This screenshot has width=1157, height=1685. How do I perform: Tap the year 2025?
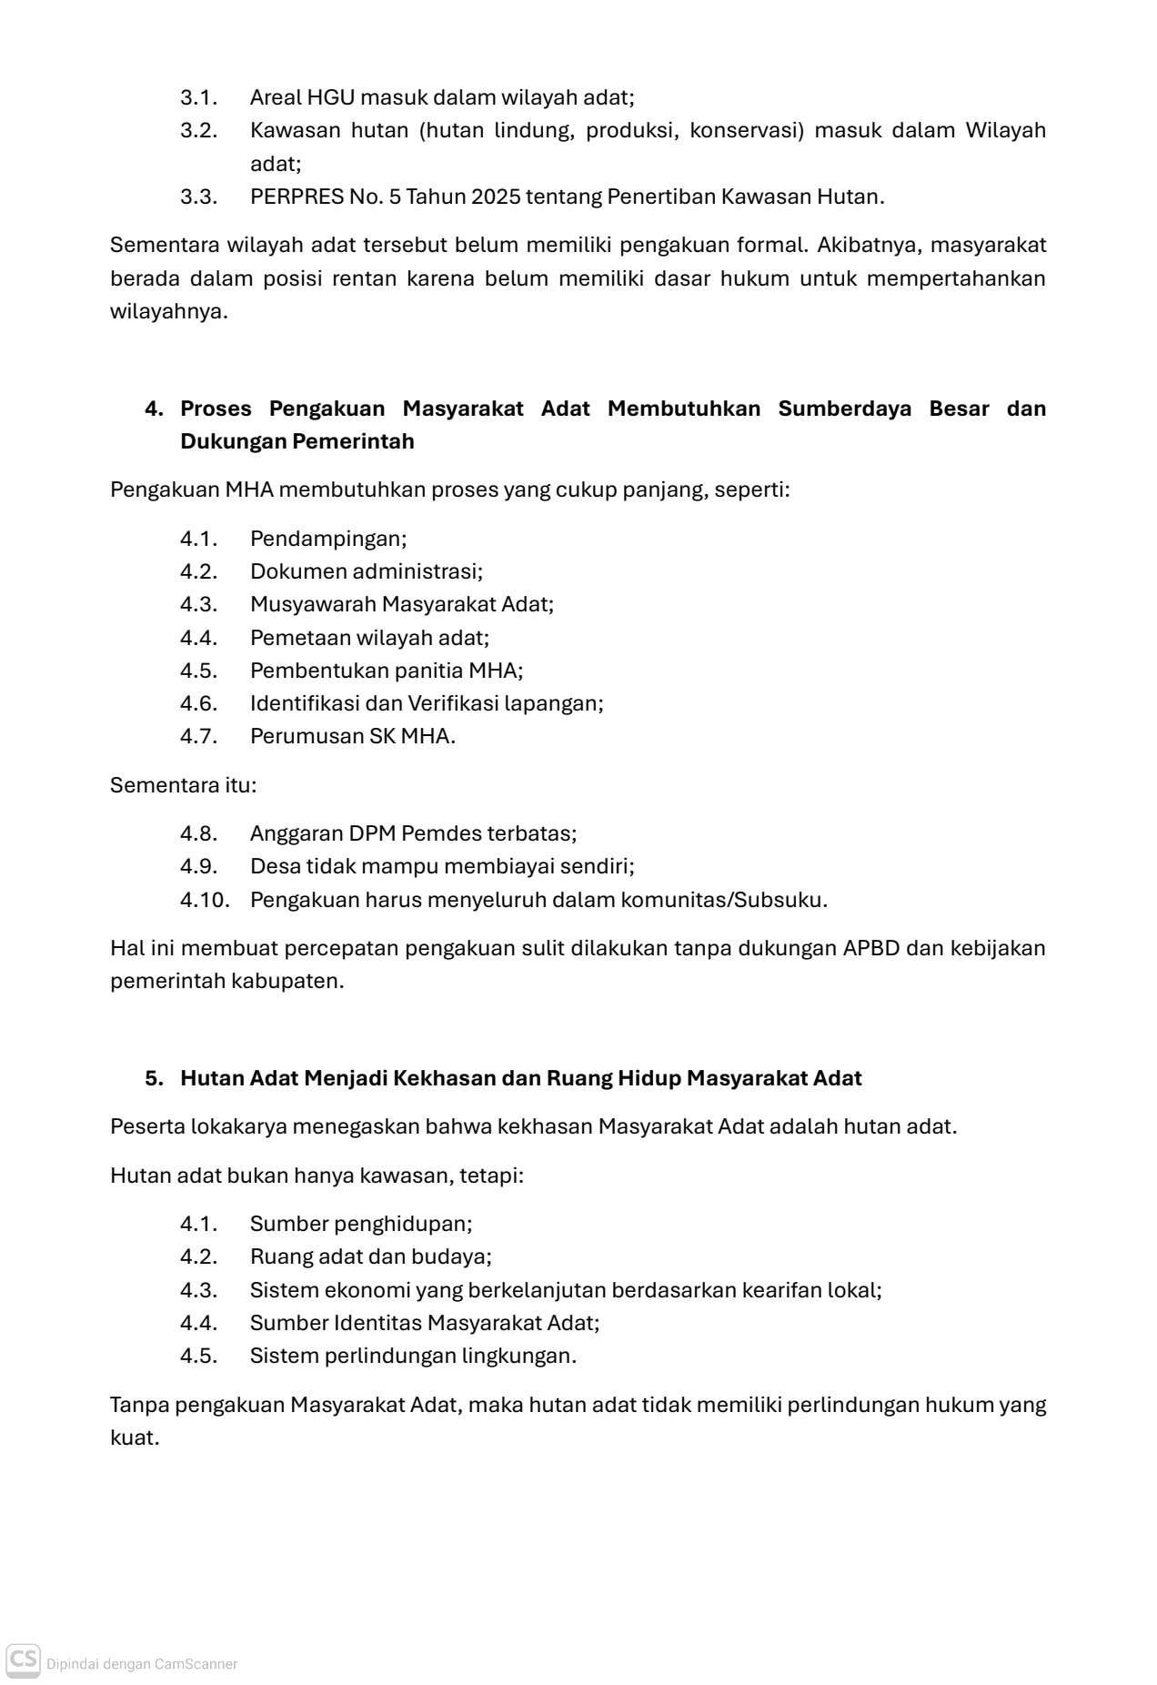coord(496,197)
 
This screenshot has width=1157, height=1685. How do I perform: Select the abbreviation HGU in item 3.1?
coord(331,97)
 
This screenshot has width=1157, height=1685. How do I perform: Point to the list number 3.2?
coord(198,130)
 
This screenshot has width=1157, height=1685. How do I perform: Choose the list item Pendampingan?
coord(328,539)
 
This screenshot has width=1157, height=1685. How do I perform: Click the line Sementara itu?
coord(183,784)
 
